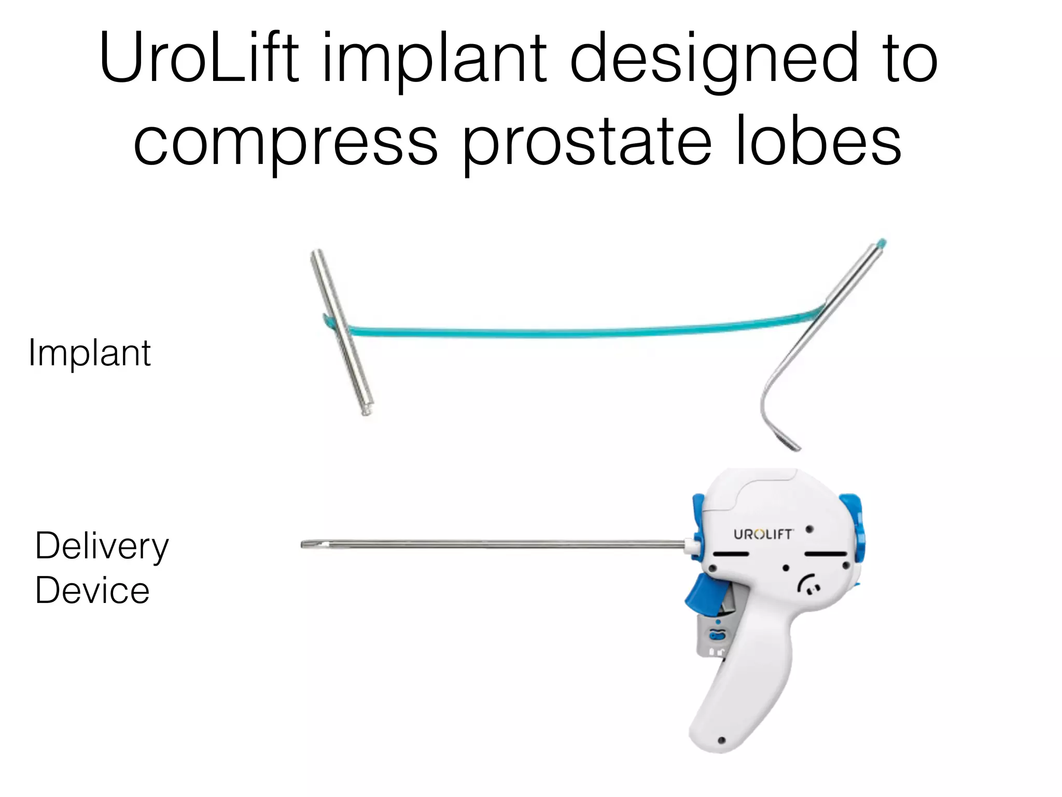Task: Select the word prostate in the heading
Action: pyautogui.click(x=586, y=141)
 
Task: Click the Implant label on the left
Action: pyautogui.click(x=90, y=353)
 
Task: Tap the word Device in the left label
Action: pyautogui.click(x=92, y=591)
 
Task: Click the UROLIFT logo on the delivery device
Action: pyautogui.click(x=763, y=534)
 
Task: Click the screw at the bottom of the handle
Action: pyautogui.click(x=721, y=740)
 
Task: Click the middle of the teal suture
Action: pyautogui.click(x=581, y=331)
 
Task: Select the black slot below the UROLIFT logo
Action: pyautogui.click(x=731, y=554)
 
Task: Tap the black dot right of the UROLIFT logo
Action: pyautogui.click(x=809, y=530)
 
